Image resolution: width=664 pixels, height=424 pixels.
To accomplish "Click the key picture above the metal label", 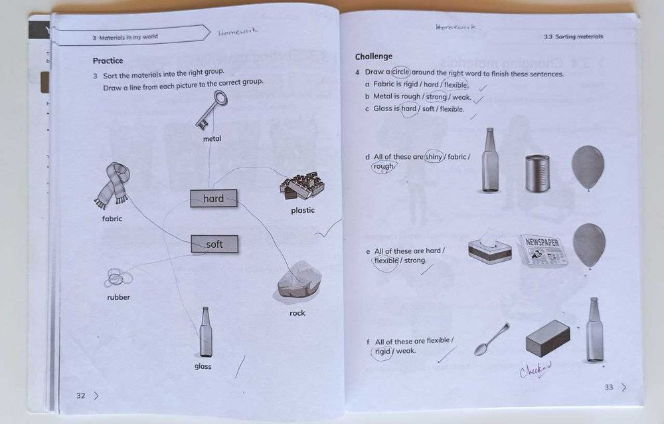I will [212, 109].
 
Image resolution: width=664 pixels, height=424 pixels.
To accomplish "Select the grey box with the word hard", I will [213, 198].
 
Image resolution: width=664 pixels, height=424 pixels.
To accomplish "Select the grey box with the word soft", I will [214, 245].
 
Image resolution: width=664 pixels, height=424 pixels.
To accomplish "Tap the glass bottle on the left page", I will [206, 332].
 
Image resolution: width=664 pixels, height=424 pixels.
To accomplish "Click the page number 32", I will [81, 395].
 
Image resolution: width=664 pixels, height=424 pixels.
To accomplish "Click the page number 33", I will [609, 387].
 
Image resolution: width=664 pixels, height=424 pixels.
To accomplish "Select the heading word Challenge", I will [374, 56].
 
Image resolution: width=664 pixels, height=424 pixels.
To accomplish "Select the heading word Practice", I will [108, 60].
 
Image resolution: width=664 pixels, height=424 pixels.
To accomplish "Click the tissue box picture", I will [489, 248].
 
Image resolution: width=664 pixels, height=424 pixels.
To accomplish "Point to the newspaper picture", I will [543, 250].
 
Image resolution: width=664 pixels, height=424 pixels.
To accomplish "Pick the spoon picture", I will [492, 339].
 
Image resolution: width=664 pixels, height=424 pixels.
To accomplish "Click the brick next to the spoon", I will [548, 338].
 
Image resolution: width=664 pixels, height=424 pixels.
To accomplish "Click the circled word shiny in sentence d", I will [434, 157].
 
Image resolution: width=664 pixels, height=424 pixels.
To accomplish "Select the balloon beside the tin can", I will [588, 167].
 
